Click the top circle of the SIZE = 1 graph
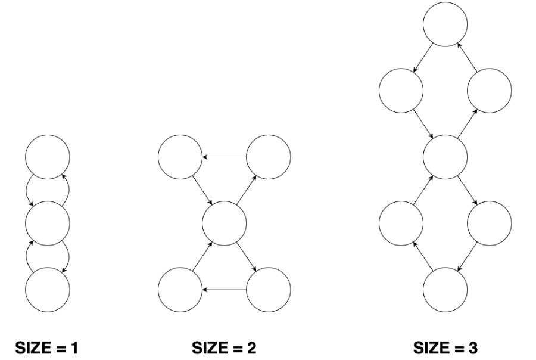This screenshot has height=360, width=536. coord(48,157)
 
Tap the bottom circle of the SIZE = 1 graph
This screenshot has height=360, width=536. coord(48,290)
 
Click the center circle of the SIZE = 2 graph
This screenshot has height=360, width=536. coord(224,224)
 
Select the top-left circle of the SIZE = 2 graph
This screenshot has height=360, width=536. coord(180,157)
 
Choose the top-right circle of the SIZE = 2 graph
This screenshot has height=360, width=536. coord(269,157)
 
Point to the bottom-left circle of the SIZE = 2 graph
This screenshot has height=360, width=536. coord(180,290)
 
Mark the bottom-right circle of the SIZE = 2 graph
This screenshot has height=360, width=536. coord(269,290)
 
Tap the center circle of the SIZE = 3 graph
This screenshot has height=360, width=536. coord(445,157)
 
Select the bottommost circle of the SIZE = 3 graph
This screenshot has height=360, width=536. coord(445,290)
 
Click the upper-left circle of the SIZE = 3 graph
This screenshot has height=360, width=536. coord(401,91)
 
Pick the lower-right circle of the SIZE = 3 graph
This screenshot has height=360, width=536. coord(489,224)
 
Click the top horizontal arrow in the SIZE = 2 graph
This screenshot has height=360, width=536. coord(224,157)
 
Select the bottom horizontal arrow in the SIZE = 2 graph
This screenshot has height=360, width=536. coord(224,290)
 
